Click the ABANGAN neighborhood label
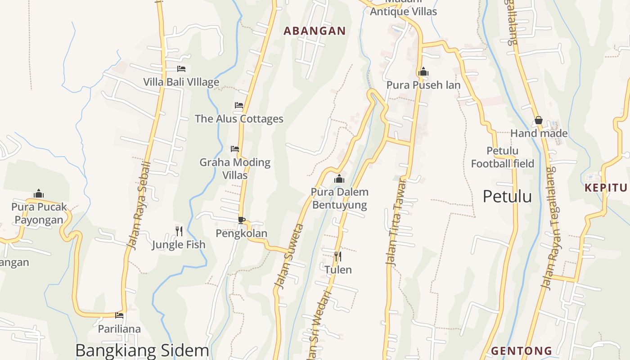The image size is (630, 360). pos(315,31)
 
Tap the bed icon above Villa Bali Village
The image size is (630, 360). pos(181,69)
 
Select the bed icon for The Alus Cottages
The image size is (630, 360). pos(239,105)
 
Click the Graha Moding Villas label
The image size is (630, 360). pos(235,168)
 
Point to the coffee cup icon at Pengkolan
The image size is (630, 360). pos(242,220)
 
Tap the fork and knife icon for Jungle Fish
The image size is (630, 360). pos(179,231)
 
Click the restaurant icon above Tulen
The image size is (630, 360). pos(338,256)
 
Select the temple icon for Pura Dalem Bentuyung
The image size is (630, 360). pos(339,179)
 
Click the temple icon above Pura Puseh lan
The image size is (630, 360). pos(423,72)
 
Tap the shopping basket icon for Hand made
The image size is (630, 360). pos(539,120)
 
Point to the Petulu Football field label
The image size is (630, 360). pos(503,157)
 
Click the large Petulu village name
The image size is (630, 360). pos(507,196)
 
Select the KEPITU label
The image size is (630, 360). pos(606,188)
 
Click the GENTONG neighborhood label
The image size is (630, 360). pos(522,351)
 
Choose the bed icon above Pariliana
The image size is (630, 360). pos(119,315)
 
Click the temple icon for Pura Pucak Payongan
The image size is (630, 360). pos(39,194)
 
